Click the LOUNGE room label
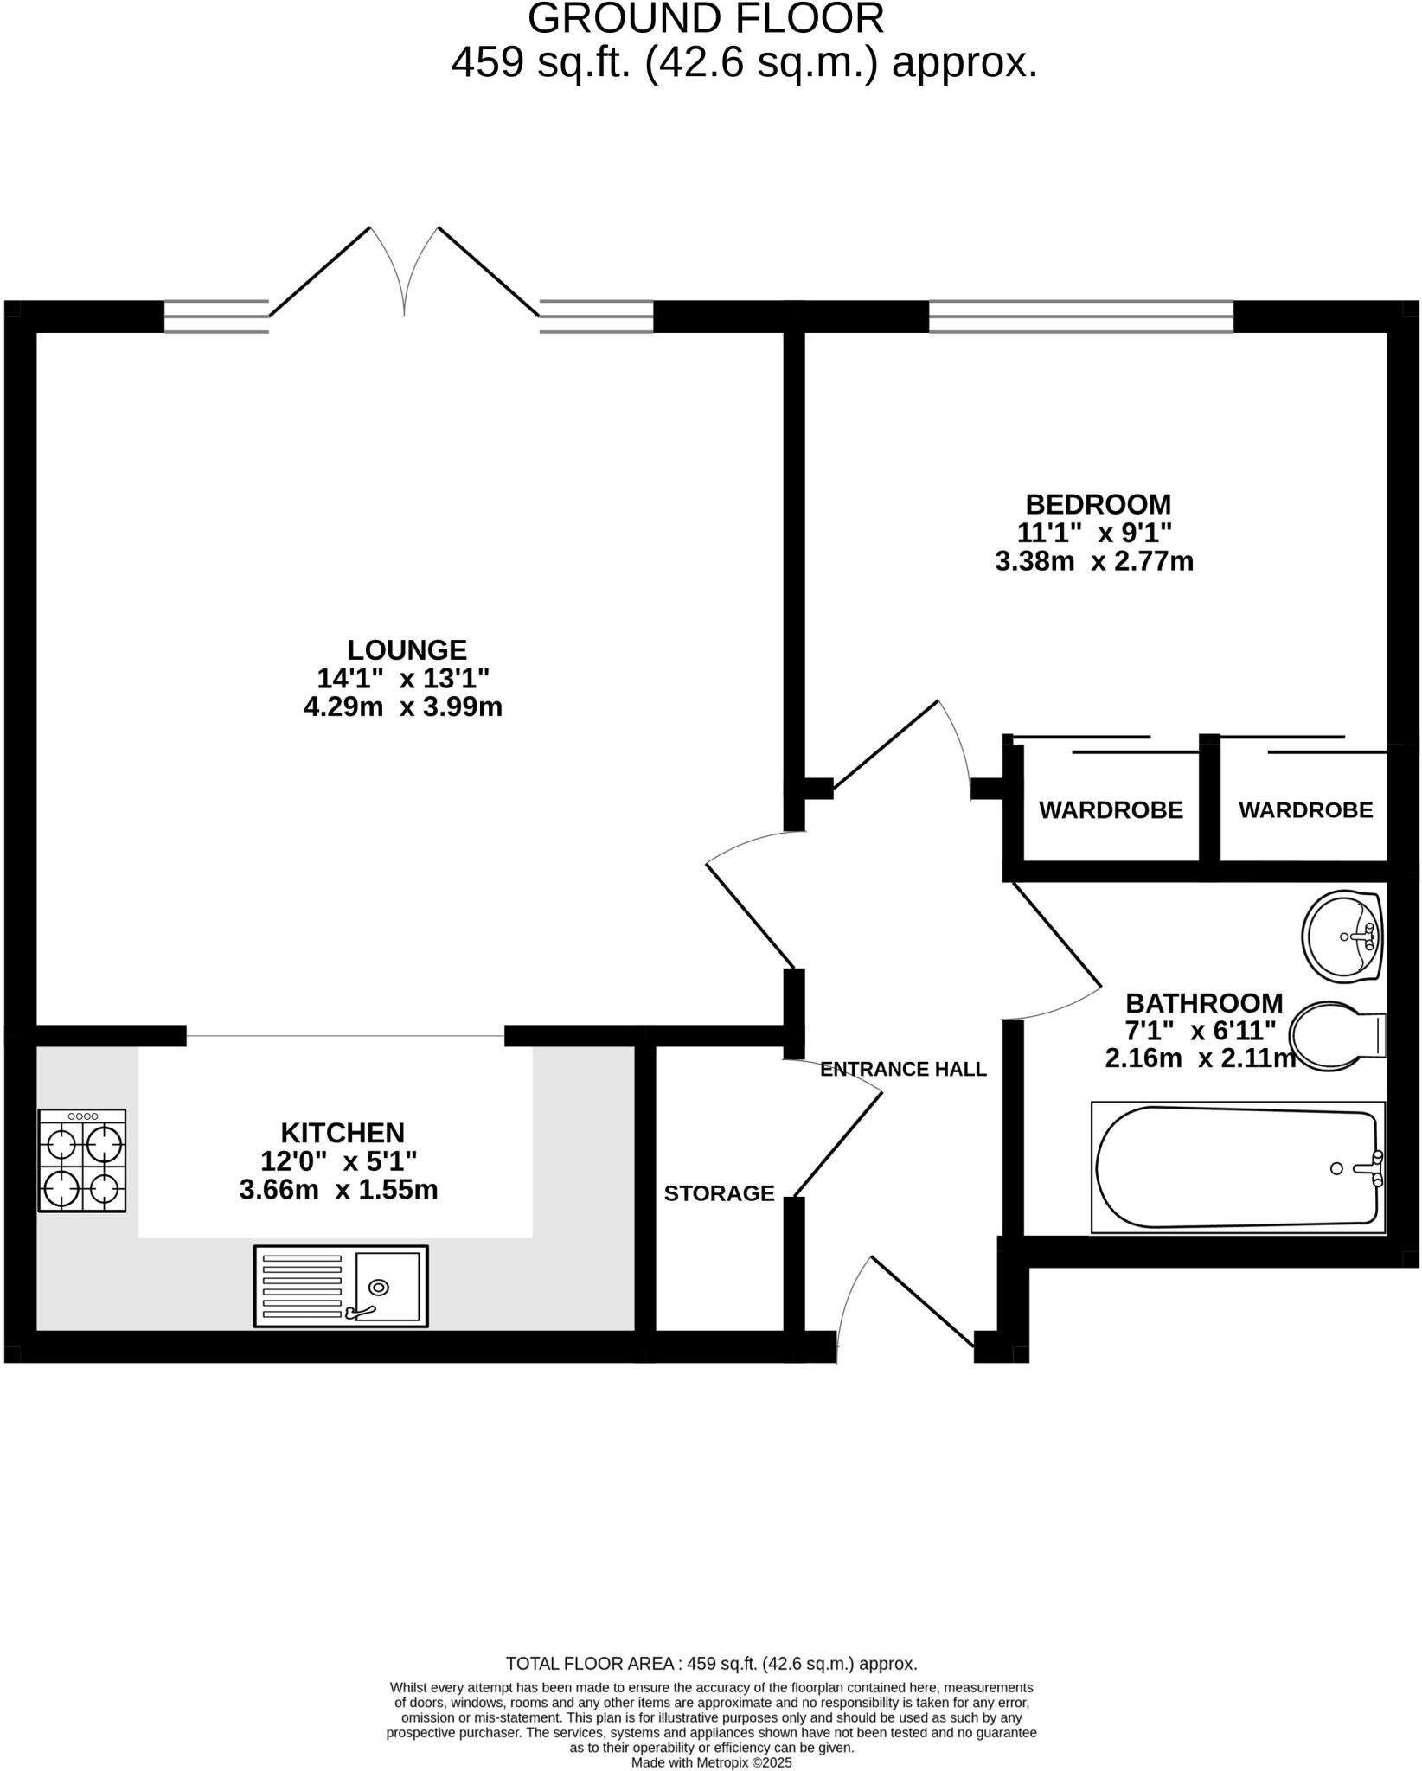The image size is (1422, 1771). tap(407, 649)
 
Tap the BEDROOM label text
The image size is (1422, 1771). tap(1098, 504)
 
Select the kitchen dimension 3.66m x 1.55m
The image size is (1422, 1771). tap(338, 1191)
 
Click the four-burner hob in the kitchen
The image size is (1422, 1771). tap(82, 1160)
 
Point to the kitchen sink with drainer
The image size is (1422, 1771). tap(341, 1287)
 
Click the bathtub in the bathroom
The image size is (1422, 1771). tap(1237, 1167)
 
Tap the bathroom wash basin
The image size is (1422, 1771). tap(1342, 937)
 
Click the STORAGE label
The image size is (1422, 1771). tap(719, 1193)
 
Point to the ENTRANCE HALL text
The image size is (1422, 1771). tap(903, 1070)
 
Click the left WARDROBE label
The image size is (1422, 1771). tap(1111, 810)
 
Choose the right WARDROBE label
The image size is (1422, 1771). tap(1305, 810)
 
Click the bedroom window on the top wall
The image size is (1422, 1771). tap(1081, 316)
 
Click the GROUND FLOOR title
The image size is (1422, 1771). tap(706, 19)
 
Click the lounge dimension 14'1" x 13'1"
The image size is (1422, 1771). tap(403, 678)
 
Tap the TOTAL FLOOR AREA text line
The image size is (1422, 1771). tap(711, 1664)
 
